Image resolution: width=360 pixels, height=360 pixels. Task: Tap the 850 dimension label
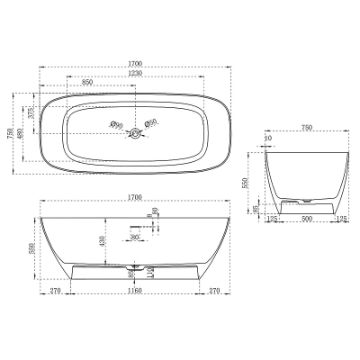[x=86, y=83]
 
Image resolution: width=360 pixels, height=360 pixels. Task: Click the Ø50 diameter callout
[x=152, y=122]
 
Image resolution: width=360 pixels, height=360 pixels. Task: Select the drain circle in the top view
[x=136, y=134]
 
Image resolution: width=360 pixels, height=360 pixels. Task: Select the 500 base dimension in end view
[x=308, y=218]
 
